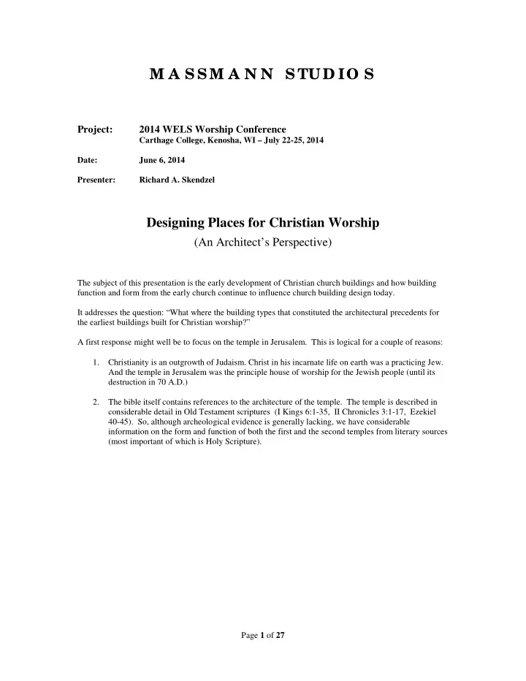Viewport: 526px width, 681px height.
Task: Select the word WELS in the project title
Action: tap(180, 129)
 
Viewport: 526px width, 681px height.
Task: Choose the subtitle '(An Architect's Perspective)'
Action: tap(263, 242)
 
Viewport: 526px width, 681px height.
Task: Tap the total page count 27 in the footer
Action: tap(279, 635)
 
